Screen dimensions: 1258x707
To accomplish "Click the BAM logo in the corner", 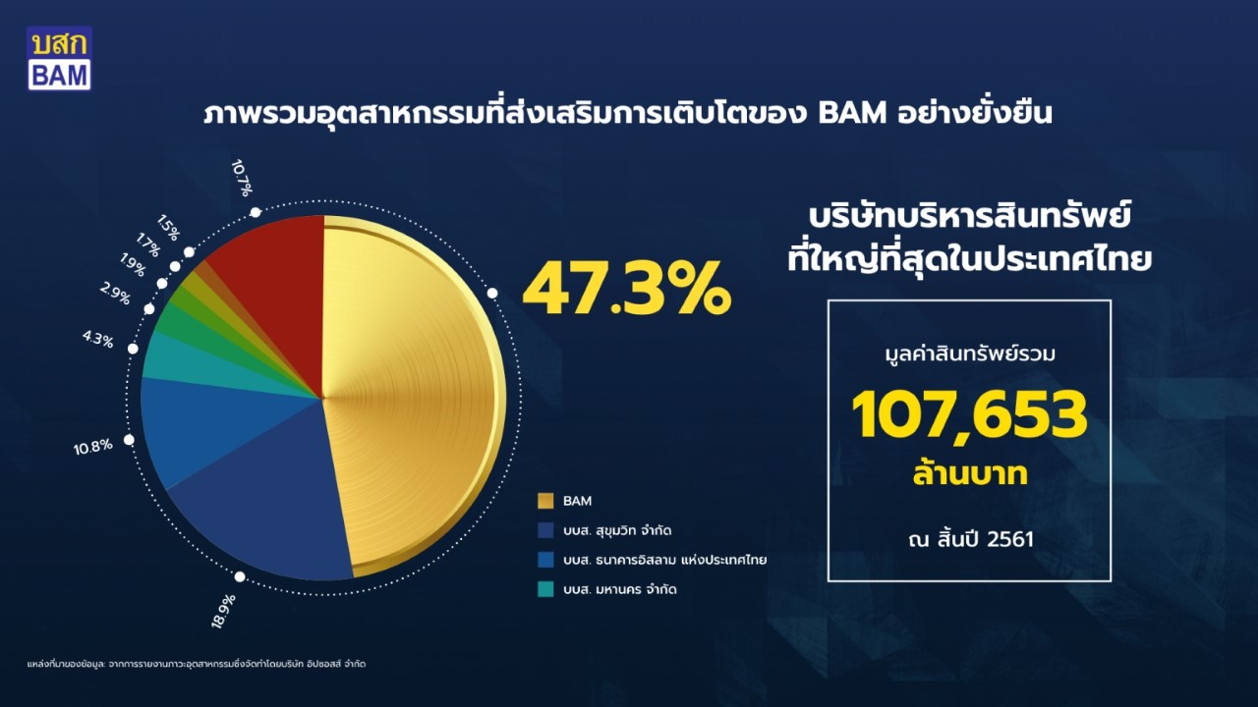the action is coord(59,58).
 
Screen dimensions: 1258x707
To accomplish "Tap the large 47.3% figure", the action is coord(627,290).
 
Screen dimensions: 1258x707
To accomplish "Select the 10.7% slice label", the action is coord(242,178).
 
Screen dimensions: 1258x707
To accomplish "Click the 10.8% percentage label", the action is coord(93,447).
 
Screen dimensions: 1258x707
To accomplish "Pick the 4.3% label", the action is coord(98,339).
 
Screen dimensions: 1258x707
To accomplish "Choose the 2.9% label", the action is coord(115,294).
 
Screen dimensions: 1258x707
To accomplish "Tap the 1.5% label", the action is coord(168,227).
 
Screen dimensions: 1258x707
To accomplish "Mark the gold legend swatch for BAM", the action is coord(545,501).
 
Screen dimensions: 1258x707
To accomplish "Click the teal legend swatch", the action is coord(545,589).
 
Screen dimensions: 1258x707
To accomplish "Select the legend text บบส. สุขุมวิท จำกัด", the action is coord(617,530).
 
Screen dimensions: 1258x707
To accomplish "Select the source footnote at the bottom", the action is coord(197,664).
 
